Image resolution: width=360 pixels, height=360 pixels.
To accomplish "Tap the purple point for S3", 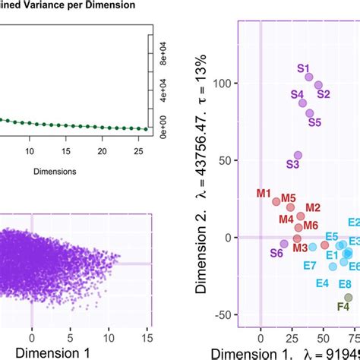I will coord(298,155).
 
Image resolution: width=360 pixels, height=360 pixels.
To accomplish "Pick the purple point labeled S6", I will coord(284,244).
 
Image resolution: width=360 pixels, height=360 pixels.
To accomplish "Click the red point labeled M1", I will coord(276,201).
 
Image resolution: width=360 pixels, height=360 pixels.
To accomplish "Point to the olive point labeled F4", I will coord(349,297).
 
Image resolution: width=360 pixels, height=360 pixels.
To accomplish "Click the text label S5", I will coord(314,122).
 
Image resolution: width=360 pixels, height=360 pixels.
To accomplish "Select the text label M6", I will coord(310,226).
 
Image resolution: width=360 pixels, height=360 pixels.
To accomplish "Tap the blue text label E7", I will coord(310,265).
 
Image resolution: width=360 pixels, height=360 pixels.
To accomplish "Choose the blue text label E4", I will coord(322,283).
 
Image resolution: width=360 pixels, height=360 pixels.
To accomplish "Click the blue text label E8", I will coord(344,283).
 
